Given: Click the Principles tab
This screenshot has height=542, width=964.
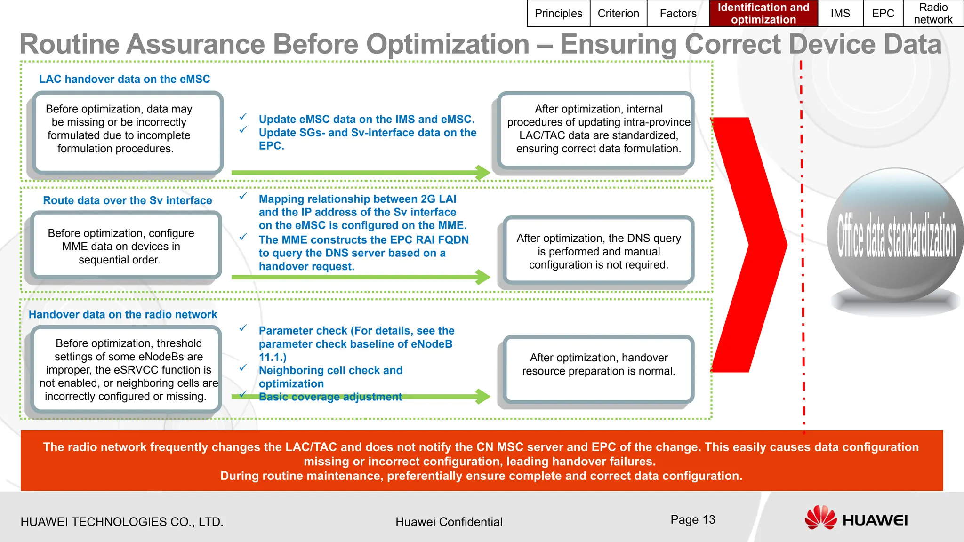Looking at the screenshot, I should (558, 13).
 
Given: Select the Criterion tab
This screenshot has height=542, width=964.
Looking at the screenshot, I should (618, 13).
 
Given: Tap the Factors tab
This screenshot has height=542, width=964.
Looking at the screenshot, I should (678, 13).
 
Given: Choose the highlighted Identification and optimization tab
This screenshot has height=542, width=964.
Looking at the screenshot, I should (763, 13).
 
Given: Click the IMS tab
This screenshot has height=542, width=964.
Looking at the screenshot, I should (840, 13).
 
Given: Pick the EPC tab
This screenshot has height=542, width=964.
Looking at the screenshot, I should (883, 13).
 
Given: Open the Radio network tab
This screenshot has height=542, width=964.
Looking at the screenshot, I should (933, 13).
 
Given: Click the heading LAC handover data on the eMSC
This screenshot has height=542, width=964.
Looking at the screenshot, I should (124, 79).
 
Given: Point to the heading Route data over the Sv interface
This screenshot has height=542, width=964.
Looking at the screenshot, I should (127, 200).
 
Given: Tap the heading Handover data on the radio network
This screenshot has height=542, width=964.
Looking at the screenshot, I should (122, 314).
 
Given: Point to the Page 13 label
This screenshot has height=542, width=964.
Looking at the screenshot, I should (692, 519).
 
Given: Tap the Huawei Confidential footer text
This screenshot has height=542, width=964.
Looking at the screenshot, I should (449, 522).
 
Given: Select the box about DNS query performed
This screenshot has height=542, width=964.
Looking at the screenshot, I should (598, 251).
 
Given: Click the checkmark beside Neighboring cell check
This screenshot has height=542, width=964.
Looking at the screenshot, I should (243, 368).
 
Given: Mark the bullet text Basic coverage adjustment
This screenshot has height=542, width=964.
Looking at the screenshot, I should (330, 397).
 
